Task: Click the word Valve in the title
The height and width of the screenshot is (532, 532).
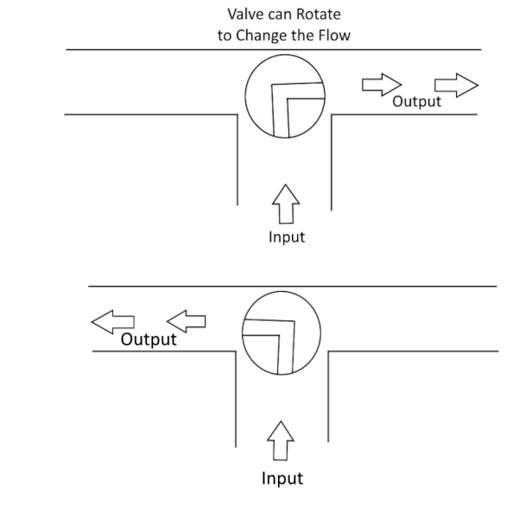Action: click(244, 15)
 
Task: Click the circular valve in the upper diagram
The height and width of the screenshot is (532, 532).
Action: click(285, 98)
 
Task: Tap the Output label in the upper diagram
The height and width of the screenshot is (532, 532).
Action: click(416, 102)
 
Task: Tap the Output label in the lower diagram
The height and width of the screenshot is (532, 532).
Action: click(149, 339)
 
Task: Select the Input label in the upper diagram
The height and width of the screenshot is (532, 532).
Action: click(286, 236)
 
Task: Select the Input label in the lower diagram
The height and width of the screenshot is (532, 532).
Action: click(283, 477)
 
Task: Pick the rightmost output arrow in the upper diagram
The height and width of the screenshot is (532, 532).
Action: click(455, 84)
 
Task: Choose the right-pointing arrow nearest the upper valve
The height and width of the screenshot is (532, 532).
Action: click(381, 84)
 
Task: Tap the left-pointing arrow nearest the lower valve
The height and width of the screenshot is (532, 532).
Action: click(186, 321)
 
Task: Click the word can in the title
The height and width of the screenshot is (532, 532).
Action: click(278, 15)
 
